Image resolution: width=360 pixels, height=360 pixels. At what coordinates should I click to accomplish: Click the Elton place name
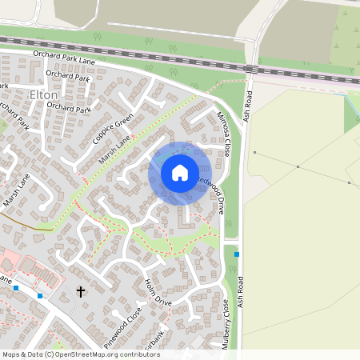tap(43, 94)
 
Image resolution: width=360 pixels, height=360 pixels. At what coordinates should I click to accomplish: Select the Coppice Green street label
tap(113, 128)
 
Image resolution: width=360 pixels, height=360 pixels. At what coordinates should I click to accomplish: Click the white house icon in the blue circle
tap(180, 173)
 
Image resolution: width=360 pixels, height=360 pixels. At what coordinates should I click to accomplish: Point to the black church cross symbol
tap(80, 291)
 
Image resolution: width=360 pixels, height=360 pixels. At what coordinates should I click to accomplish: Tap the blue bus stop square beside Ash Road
tap(237, 254)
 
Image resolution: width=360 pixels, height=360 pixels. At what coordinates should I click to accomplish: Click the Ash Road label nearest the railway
tap(250, 105)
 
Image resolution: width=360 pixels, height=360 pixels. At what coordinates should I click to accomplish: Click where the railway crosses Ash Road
tap(250, 69)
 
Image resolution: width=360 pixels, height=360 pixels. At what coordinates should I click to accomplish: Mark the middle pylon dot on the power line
tap(298, 166)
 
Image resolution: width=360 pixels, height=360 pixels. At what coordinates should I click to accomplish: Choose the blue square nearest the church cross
tap(40, 295)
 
